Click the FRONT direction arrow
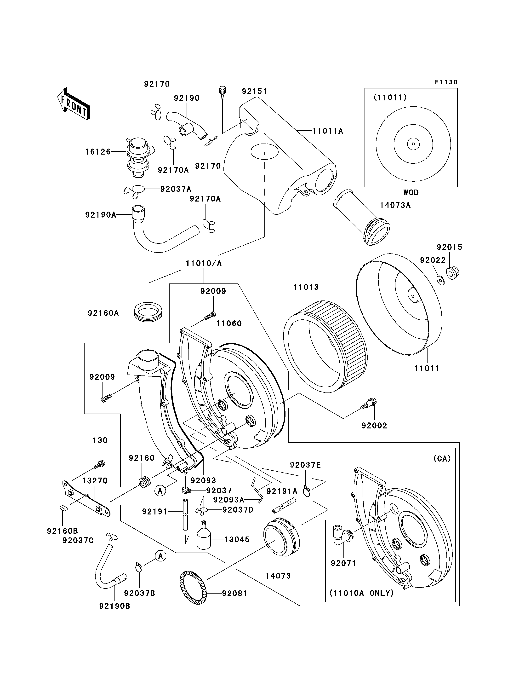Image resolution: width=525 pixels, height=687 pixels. coord(74,104)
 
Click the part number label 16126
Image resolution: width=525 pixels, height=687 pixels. coord(98,152)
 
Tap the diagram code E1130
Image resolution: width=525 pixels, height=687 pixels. coord(446,82)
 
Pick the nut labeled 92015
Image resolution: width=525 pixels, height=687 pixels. coord(451,273)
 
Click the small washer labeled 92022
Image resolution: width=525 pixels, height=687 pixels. coord(441,280)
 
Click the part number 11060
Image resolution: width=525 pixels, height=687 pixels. coord(229,324)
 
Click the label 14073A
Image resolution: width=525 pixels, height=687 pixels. coord(395,205)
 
